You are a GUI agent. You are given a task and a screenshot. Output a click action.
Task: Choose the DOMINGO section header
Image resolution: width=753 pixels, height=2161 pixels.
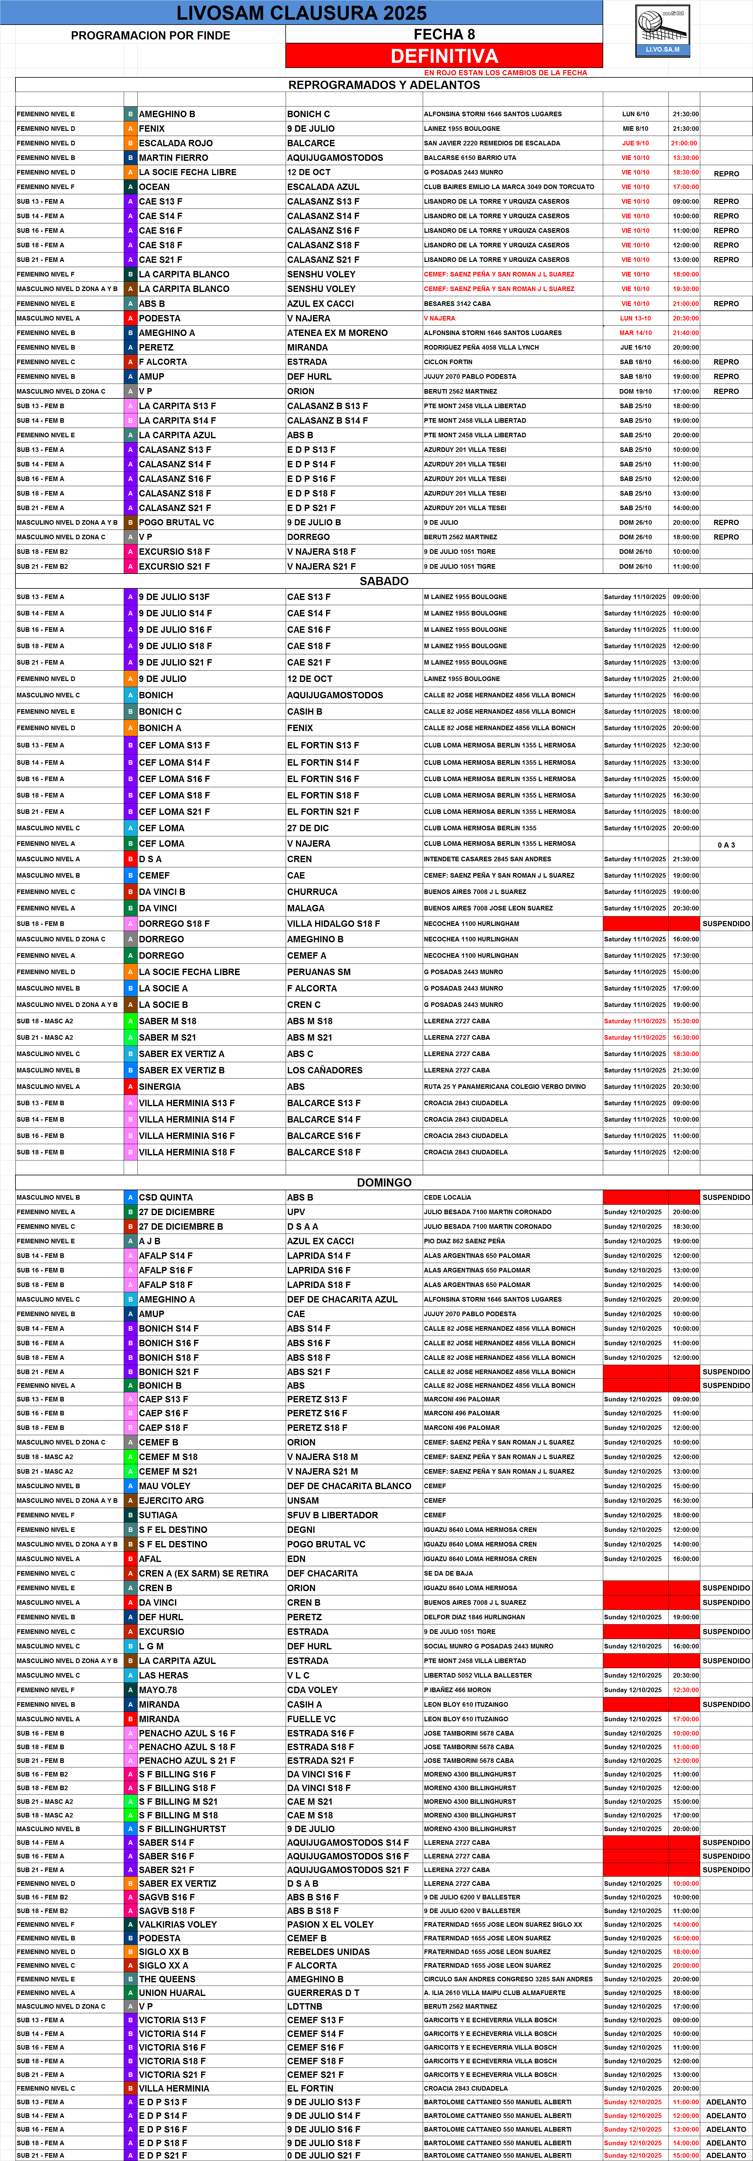tap(384, 1182)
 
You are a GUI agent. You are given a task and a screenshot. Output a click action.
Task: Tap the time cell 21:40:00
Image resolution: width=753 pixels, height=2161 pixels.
tap(685, 333)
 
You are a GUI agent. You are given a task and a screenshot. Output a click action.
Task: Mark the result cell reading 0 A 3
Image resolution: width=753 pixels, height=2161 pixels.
tap(726, 845)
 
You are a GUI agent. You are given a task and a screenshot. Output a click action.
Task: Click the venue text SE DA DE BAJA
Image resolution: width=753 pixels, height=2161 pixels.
tap(448, 1574)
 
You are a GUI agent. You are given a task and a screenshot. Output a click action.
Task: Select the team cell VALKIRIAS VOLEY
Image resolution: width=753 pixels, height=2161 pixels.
tap(178, 1924)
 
